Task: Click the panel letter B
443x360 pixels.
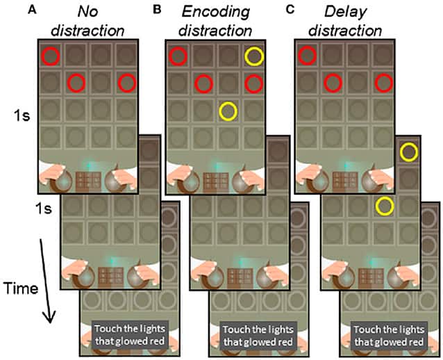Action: pos(156,10)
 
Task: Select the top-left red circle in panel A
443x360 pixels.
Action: pos(50,55)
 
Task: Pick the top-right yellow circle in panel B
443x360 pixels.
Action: pos(254,56)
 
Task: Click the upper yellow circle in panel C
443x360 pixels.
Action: pos(410,151)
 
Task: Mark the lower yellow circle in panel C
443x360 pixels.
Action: pos(383,206)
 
